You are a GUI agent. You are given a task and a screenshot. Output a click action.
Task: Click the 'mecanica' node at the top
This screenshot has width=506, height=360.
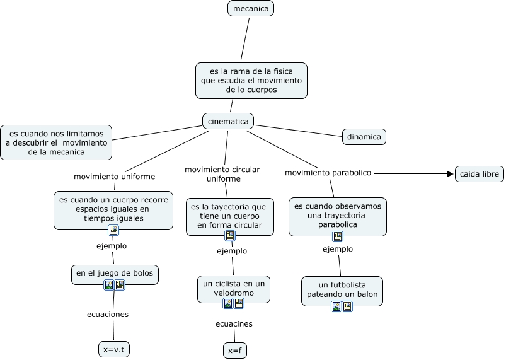(x=251, y=8)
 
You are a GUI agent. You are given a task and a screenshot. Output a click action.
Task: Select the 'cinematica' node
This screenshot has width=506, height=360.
(x=227, y=120)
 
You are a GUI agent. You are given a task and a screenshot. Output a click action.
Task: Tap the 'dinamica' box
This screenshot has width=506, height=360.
(x=364, y=136)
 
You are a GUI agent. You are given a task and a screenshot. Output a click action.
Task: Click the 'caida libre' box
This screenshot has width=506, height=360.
(x=480, y=173)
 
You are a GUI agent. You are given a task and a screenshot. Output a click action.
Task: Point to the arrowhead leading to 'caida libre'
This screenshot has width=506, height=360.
(x=450, y=173)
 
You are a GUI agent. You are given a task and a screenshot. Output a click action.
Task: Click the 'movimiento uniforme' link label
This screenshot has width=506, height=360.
(x=114, y=176)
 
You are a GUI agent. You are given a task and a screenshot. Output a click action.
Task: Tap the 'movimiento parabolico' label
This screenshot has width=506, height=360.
(x=328, y=173)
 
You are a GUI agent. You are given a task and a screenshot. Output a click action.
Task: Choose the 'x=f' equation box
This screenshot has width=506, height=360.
(x=234, y=351)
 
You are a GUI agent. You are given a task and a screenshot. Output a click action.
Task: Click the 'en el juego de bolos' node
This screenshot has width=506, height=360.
(x=114, y=273)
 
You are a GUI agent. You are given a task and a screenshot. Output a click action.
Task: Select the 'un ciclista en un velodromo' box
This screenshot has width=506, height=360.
(x=234, y=288)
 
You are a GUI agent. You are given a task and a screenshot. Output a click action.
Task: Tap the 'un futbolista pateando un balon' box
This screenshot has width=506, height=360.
(x=342, y=289)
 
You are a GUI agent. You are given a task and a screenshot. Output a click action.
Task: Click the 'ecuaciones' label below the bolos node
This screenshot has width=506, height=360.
(x=108, y=314)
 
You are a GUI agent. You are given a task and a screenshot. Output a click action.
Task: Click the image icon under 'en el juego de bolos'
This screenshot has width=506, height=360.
(x=109, y=285)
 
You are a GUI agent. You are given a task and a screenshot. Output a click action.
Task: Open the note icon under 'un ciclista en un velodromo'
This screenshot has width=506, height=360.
(x=239, y=303)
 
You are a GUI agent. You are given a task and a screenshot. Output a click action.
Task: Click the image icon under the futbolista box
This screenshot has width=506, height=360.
(x=336, y=306)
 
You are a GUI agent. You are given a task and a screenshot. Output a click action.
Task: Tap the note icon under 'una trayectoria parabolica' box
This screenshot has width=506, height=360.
(x=338, y=236)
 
